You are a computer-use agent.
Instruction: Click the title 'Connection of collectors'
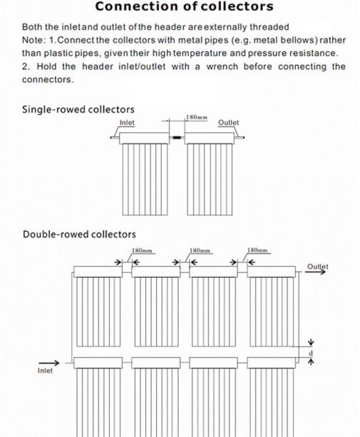(x=184, y=6)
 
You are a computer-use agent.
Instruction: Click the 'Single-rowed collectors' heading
(x=78, y=109)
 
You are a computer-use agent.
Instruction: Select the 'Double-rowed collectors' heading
(x=79, y=234)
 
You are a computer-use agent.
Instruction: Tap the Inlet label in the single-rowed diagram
(x=127, y=123)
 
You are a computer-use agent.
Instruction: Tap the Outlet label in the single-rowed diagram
(x=229, y=123)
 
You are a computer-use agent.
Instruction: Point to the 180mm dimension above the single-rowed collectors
(x=197, y=118)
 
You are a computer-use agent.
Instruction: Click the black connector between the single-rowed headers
(x=177, y=138)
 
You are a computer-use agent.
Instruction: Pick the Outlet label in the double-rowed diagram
(x=318, y=267)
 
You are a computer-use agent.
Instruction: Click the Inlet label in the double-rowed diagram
(x=45, y=371)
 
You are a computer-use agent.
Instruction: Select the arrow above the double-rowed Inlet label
(x=49, y=363)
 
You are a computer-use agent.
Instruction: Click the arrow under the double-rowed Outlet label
(x=315, y=272)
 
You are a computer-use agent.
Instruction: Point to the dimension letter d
(x=311, y=354)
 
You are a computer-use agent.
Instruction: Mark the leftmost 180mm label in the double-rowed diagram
(x=142, y=250)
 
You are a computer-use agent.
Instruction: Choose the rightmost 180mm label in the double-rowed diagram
(x=257, y=250)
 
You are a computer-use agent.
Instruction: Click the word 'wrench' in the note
(x=222, y=67)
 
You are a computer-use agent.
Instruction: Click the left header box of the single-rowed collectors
(x=144, y=138)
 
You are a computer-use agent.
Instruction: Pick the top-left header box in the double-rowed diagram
(x=98, y=272)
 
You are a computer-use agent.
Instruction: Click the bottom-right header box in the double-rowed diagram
(x=271, y=363)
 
